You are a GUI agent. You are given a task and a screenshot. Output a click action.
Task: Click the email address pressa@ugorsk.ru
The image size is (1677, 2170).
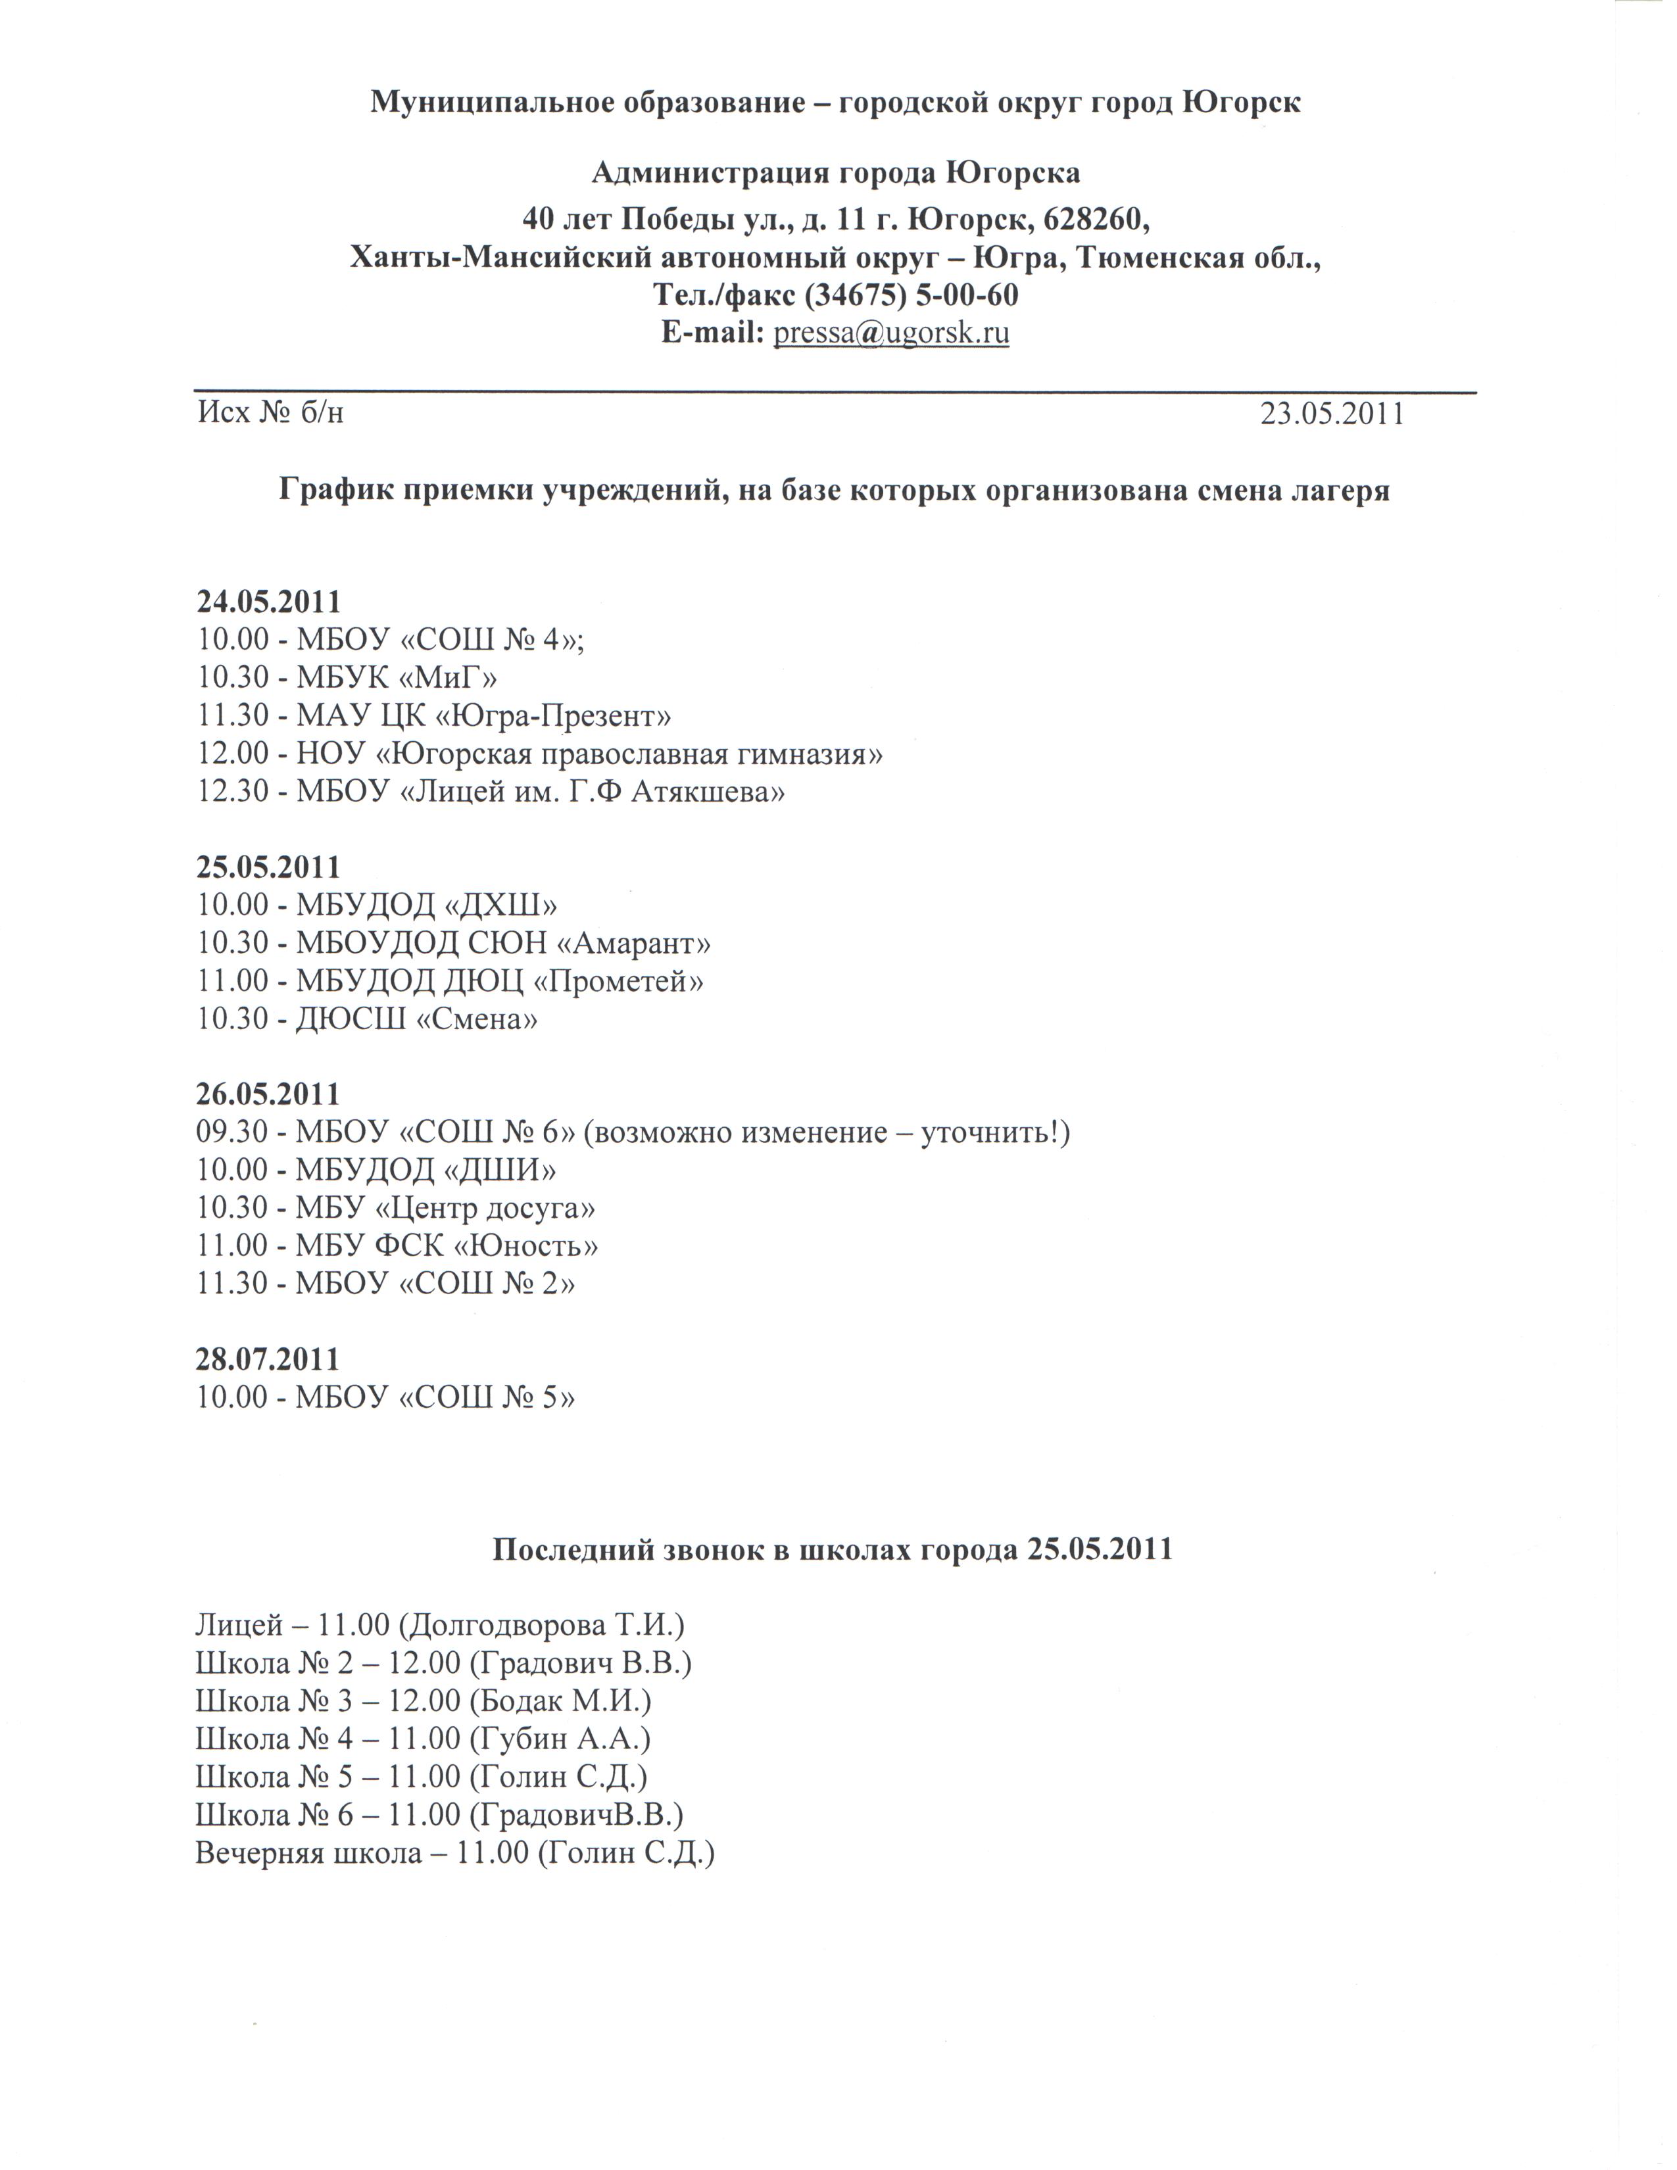coord(891,333)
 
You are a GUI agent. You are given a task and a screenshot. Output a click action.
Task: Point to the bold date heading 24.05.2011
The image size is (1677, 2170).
coord(268,602)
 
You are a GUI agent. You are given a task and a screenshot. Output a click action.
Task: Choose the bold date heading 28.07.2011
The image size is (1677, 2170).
coord(268,1359)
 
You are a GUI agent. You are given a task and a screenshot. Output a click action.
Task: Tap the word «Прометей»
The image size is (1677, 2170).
coord(619,980)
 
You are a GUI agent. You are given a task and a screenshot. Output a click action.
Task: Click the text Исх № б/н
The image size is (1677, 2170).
coord(270,412)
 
